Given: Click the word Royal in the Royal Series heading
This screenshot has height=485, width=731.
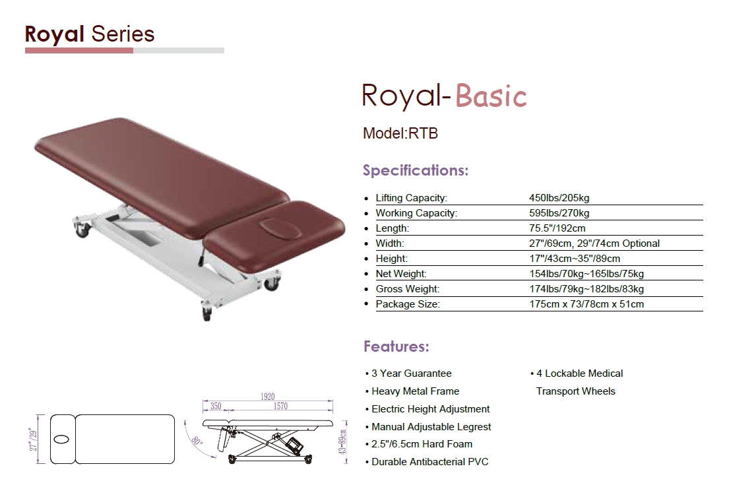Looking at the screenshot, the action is (x=55, y=34).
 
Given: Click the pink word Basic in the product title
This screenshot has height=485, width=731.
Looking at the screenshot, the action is (x=491, y=96).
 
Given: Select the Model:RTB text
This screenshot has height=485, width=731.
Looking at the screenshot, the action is (x=400, y=133).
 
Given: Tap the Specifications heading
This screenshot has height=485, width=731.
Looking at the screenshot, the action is (x=416, y=170).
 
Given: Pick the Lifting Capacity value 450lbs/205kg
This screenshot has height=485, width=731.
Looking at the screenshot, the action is (x=559, y=198).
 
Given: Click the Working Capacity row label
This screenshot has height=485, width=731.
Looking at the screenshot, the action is (x=416, y=213).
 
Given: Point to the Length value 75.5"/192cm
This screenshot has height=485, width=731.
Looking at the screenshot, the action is (x=557, y=228).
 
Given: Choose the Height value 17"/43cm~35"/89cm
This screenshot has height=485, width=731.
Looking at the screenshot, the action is (x=575, y=259).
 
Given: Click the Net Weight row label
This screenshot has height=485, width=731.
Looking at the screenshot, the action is (x=401, y=274).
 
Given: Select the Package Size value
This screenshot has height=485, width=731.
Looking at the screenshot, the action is (x=587, y=304).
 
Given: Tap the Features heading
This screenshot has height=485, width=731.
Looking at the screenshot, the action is (x=397, y=346).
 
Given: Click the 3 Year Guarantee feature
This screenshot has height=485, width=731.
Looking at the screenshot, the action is (x=411, y=373).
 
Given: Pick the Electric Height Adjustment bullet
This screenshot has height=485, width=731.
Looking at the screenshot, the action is (x=430, y=409).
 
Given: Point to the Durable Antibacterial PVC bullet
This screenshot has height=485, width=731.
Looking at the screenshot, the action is (x=430, y=462).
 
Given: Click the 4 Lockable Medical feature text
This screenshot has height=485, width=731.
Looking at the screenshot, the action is (x=579, y=373).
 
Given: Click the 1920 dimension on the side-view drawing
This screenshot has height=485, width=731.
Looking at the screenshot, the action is (x=268, y=397).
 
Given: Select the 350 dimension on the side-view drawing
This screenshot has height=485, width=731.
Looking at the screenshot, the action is (x=215, y=406).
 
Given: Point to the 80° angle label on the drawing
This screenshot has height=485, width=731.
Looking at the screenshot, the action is (x=196, y=441).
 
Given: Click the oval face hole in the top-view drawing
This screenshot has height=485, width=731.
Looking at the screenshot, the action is (x=61, y=439).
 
